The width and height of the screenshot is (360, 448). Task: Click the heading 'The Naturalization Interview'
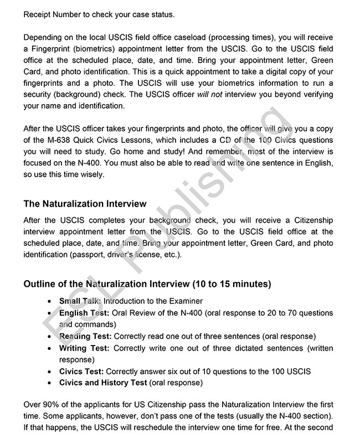pos(85,204)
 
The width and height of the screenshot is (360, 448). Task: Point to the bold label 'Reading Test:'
pos(85,336)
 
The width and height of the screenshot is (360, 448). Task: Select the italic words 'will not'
pos(209,94)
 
